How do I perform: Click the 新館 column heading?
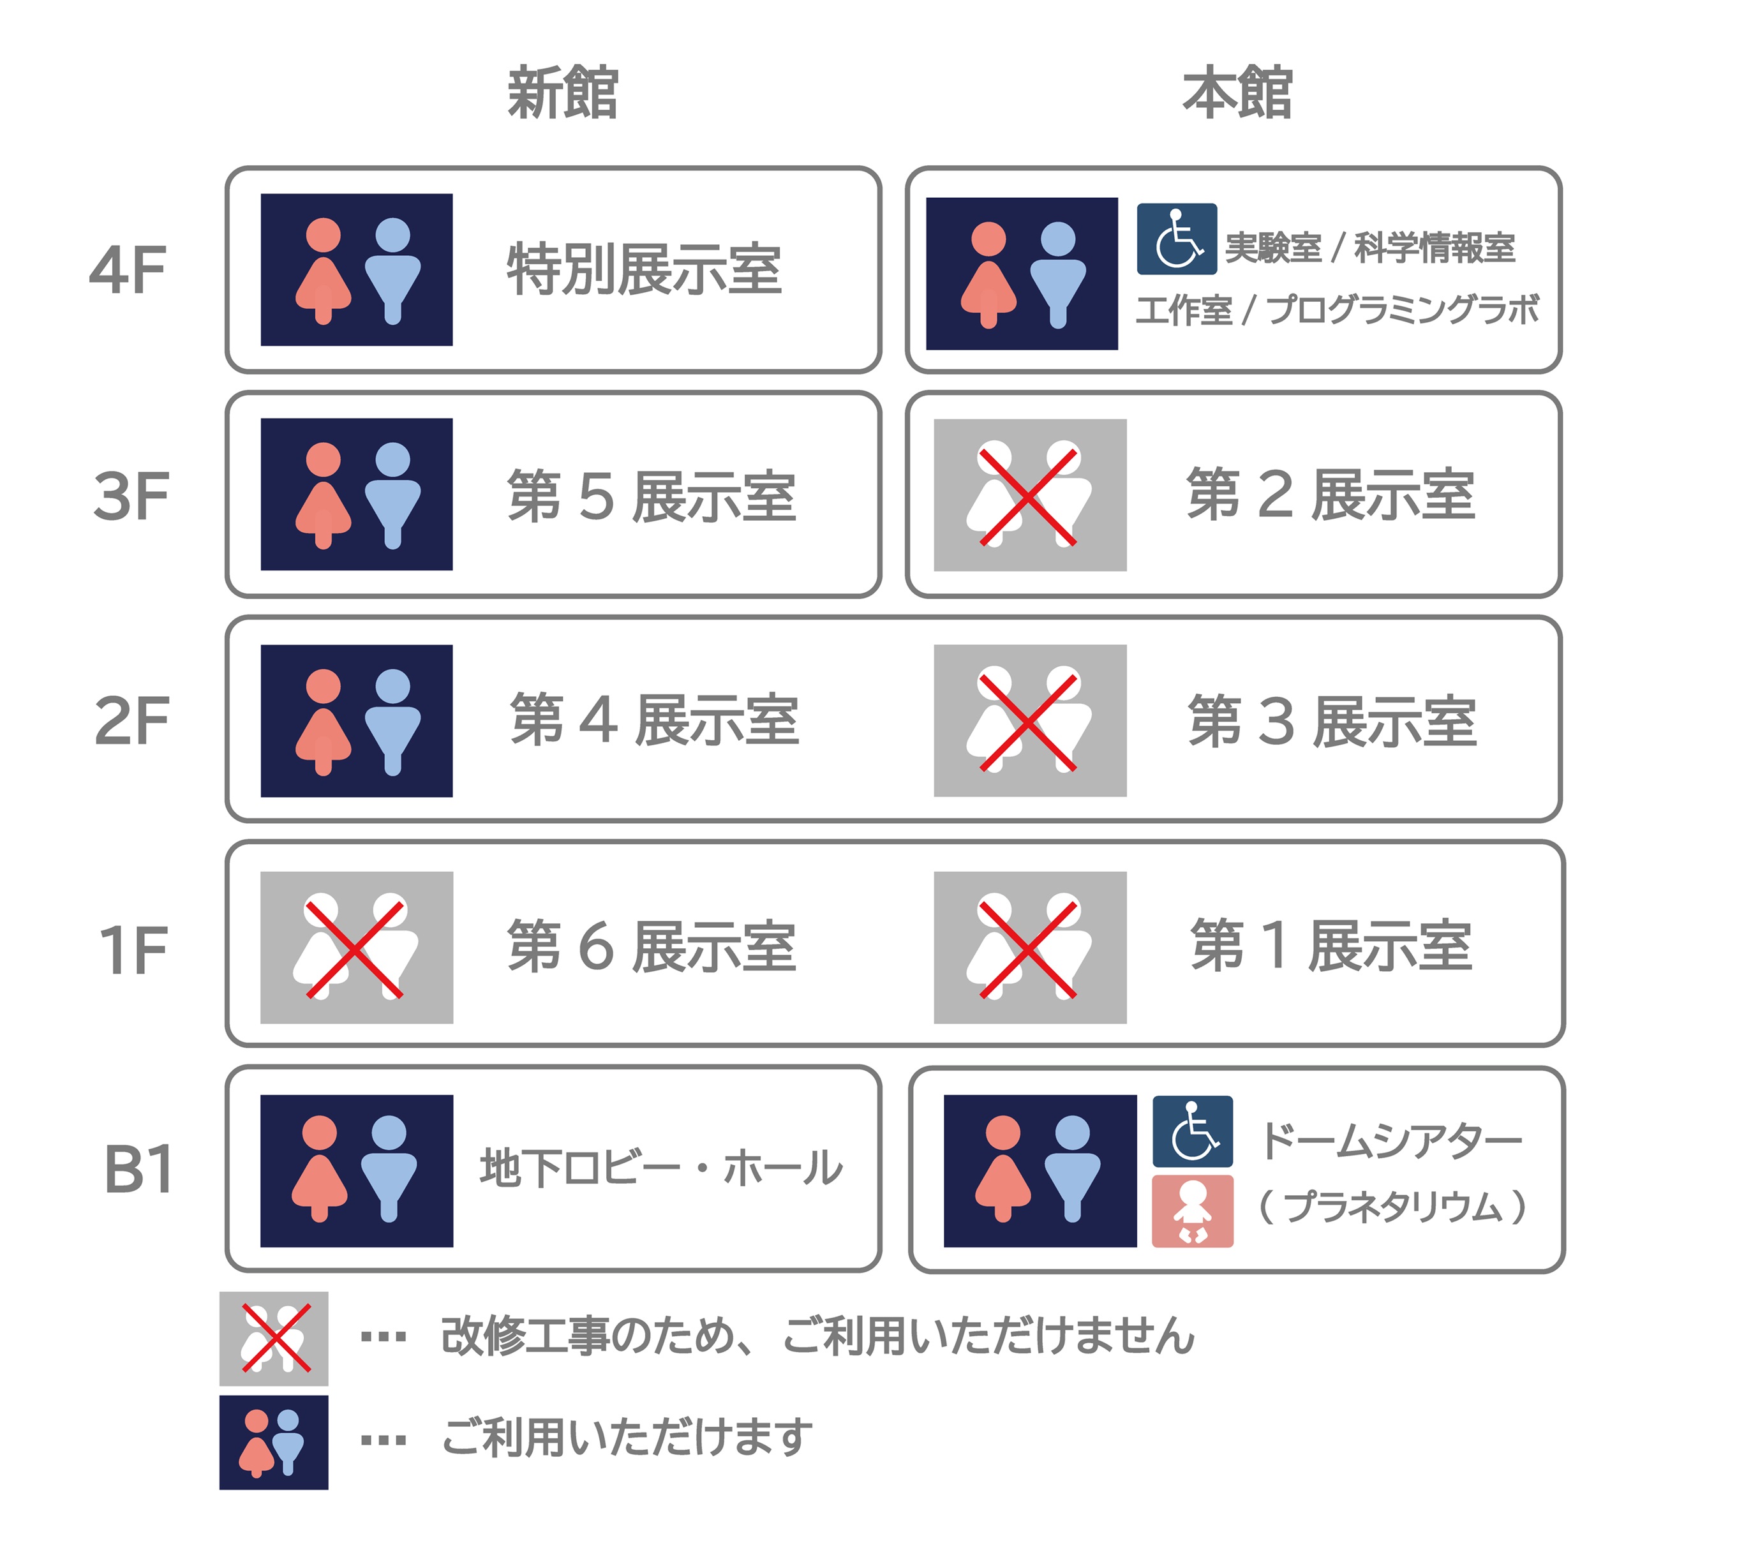tap(563, 93)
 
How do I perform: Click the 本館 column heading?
tap(1237, 93)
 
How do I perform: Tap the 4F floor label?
tap(128, 270)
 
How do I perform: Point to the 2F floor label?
tap(131, 721)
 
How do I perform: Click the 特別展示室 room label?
tap(645, 269)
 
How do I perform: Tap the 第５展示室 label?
tap(652, 496)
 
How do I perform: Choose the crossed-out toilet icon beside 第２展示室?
tap(1030, 495)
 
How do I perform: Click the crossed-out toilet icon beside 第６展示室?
tap(357, 948)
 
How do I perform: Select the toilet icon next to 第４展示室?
tap(357, 721)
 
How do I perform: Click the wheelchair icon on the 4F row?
tap(1177, 239)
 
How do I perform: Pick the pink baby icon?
tap(1192, 1212)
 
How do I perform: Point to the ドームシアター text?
tap(1390, 1140)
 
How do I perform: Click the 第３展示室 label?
tap(1332, 721)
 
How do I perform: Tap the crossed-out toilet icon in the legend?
tap(273, 1339)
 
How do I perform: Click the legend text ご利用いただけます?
tap(627, 1437)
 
